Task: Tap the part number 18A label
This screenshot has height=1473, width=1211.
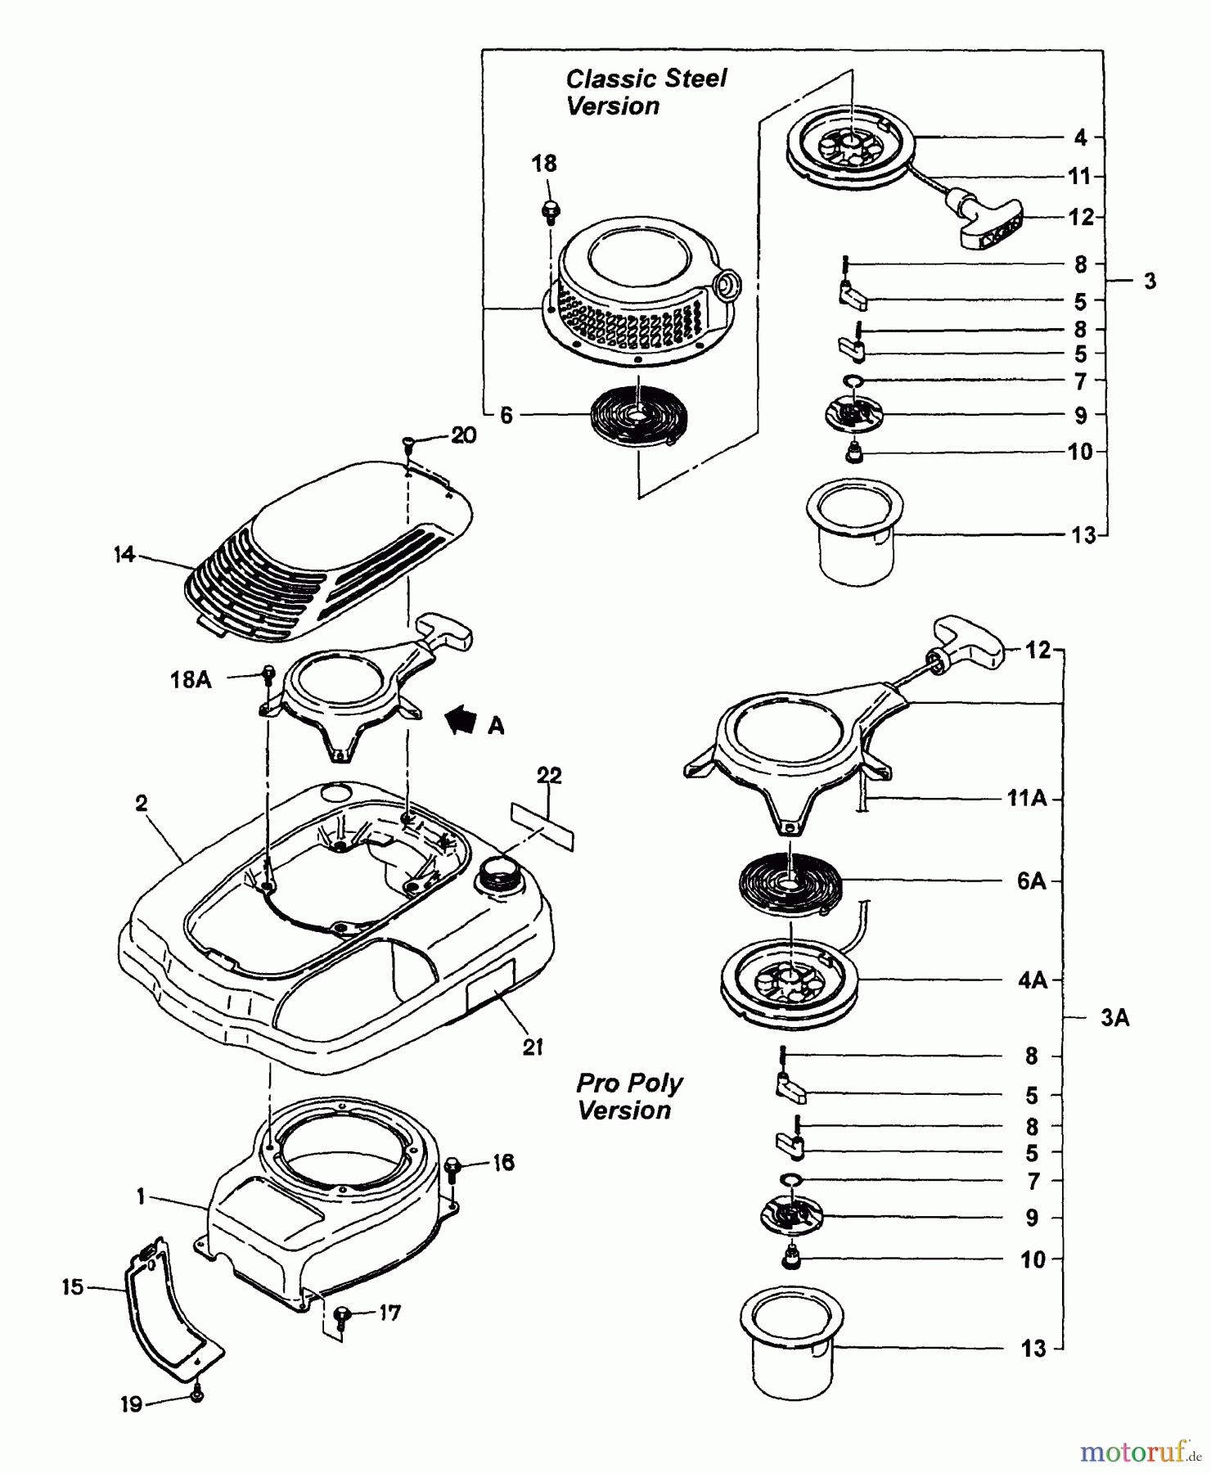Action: (x=191, y=679)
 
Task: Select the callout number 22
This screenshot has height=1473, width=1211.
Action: (x=549, y=775)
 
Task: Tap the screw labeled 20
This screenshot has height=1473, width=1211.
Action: (x=408, y=444)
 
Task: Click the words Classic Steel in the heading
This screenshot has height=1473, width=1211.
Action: (x=646, y=79)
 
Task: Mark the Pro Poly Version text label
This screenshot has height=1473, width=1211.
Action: (x=628, y=1097)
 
